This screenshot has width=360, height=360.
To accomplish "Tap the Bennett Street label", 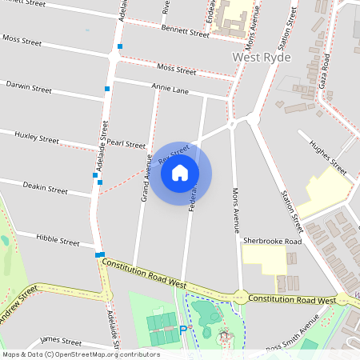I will pyautogui.click(x=183, y=30).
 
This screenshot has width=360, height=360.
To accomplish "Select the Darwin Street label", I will pyautogui.click(x=28, y=84).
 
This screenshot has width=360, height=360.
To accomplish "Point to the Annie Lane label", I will pyautogui.click(x=170, y=90).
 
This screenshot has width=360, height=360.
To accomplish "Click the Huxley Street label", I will pyautogui.click(x=36, y=138).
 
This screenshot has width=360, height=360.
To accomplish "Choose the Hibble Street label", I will pyautogui.click(x=58, y=241).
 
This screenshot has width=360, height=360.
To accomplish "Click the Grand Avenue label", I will pyautogui.click(x=146, y=177).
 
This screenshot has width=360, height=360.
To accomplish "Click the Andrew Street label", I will pyautogui.click(x=18, y=305).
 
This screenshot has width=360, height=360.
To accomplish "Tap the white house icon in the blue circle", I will pyautogui.click(x=180, y=173).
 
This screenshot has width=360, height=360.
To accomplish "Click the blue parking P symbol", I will pyautogui.click(x=182, y=329).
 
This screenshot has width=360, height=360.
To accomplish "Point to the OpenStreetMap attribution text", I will pyautogui.click(x=81, y=354).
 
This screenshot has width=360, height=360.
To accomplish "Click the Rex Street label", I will pyautogui.click(x=173, y=154).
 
